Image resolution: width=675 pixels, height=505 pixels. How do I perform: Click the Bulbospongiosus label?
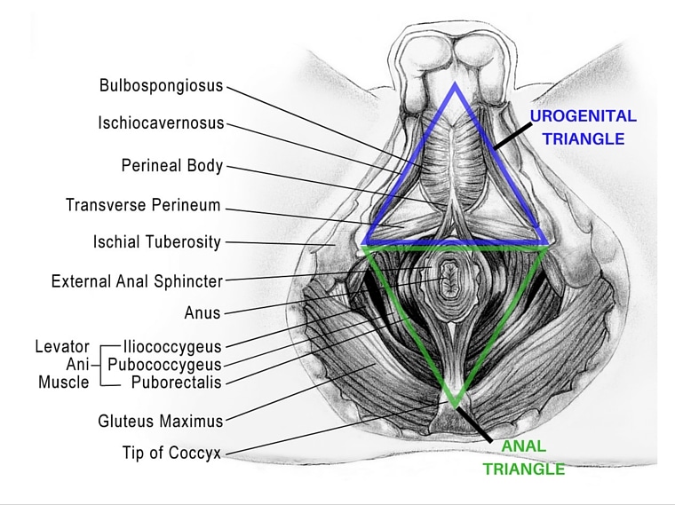[161, 85]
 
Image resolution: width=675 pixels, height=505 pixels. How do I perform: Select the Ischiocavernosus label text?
[161, 123]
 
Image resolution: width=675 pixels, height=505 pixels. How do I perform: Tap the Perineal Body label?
[171, 166]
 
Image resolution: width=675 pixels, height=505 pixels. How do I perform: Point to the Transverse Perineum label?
[143, 205]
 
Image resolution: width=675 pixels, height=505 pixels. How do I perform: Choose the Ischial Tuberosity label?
[156, 241]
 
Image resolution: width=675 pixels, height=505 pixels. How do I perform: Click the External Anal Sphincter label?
[137, 281]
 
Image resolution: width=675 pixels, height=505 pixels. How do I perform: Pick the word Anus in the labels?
[202, 312]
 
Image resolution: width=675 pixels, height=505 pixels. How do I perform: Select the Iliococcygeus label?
[172, 346]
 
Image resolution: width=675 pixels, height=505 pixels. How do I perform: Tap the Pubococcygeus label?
[164, 365]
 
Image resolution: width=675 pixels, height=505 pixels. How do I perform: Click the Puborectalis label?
[176, 382]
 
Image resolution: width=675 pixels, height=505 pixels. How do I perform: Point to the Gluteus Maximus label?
[161, 421]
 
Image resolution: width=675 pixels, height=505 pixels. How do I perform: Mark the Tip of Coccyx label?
[171, 453]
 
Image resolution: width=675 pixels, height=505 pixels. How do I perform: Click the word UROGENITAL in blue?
[583, 116]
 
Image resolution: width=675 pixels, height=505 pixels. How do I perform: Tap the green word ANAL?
[523, 446]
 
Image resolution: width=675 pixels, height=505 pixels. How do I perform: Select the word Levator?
[62, 346]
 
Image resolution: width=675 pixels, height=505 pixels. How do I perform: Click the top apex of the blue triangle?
[455, 84]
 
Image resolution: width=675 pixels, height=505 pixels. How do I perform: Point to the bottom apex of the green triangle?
[455, 405]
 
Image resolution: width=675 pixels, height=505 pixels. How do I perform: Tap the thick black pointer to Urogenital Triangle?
[512, 136]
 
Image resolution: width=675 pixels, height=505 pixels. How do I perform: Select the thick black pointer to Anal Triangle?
[474, 424]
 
